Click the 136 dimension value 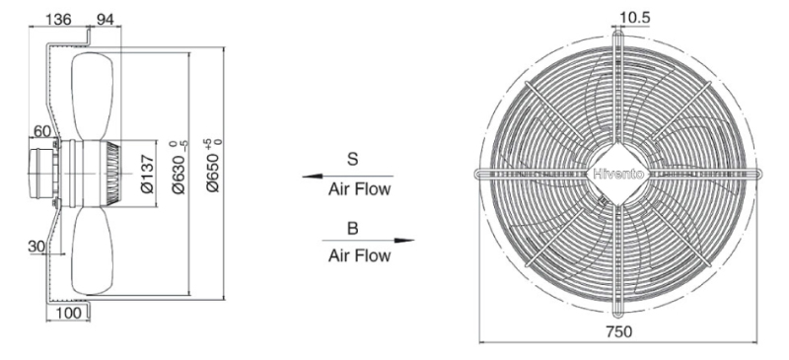pyautogui.click(x=58, y=19)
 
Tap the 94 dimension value pyautogui.click(x=106, y=19)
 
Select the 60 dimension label pyautogui.click(x=42, y=131)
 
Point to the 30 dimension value pyautogui.click(x=36, y=246)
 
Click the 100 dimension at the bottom pyautogui.click(x=68, y=313)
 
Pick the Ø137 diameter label pyautogui.click(x=149, y=175)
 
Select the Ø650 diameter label pyautogui.click(x=214, y=165)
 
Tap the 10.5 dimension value pyautogui.click(x=635, y=18)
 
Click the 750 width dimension pyautogui.click(x=618, y=331)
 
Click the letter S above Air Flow pyautogui.click(x=353, y=159)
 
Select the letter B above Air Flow pyautogui.click(x=353, y=228)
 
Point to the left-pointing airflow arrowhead pyautogui.click(x=312, y=177)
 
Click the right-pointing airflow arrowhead pyautogui.click(x=404, y=241)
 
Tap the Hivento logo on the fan pyautogui.click(x=618, y=175)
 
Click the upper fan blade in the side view pyautogui.click(x=93, y=96)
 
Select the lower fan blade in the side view pyautogui.click(x=93, y=250)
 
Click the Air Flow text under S pyautogui.click(x=359, y=189)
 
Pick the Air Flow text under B pyautogui.click(x=359, y=255)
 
